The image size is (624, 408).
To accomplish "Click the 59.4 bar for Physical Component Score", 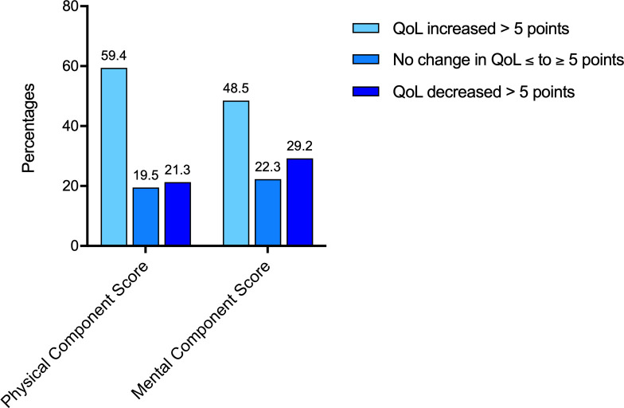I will [x=114, y=157].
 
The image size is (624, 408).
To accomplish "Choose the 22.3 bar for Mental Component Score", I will [x=267, y=213].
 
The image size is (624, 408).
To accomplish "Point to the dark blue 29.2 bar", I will [x=299, y=202].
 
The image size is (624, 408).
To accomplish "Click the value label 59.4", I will [x=114, y=57].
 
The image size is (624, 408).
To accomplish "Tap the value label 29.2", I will [x=299, y=147].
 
